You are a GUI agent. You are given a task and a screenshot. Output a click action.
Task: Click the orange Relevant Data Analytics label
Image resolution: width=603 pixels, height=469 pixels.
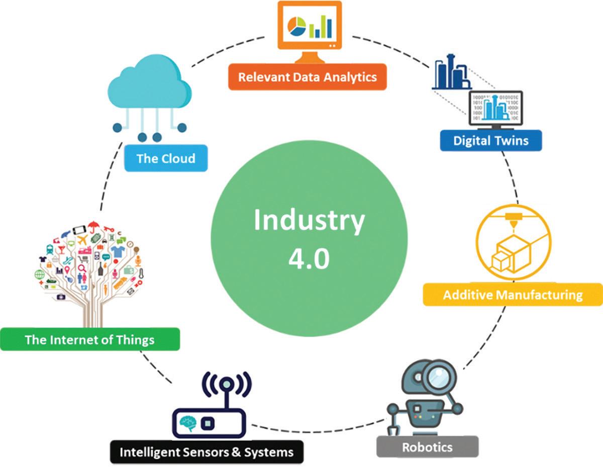(x=307, y=77)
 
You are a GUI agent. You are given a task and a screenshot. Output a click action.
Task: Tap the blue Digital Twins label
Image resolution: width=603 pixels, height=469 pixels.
(x=491, y=140)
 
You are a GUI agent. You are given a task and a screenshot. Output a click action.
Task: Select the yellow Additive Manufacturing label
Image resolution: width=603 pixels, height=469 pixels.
(x=513, y=295)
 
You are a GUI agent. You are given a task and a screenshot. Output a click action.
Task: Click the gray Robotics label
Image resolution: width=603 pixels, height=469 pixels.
(x=427, y=447)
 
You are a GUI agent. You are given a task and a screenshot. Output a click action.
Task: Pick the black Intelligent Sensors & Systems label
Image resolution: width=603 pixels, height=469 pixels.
(x=207, y=452)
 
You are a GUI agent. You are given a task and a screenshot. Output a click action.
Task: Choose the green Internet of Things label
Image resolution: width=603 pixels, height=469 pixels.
(x=89, y=340)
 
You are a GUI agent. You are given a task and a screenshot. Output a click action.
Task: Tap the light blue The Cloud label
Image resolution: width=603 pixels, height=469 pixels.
(x=165, y=159)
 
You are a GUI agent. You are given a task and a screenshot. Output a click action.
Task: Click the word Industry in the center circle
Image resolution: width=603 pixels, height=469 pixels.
(x=309, y=221)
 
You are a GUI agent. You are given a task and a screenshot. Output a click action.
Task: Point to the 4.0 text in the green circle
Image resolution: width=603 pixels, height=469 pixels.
(x=309, y=260)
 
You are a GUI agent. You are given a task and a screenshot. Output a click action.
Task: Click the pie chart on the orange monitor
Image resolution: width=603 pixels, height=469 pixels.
(x=296, y=27)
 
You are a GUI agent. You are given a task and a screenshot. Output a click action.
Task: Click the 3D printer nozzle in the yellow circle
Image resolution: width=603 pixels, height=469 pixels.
(x=513, y=222)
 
